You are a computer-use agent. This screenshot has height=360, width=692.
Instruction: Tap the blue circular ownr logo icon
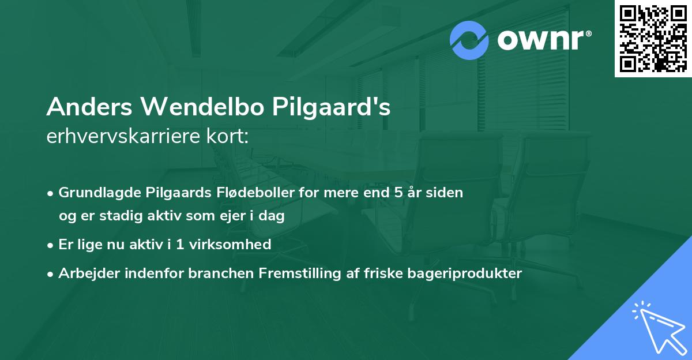pyautogui.click(x=469, y=40)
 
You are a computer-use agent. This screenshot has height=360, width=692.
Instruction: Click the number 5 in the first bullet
pyautogui.click(x=398, y=192)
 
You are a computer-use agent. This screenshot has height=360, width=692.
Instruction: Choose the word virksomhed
pyautogui.click(x=236, y=245)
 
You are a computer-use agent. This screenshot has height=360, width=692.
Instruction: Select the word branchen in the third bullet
pyautogui.click(x=213, y=273)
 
